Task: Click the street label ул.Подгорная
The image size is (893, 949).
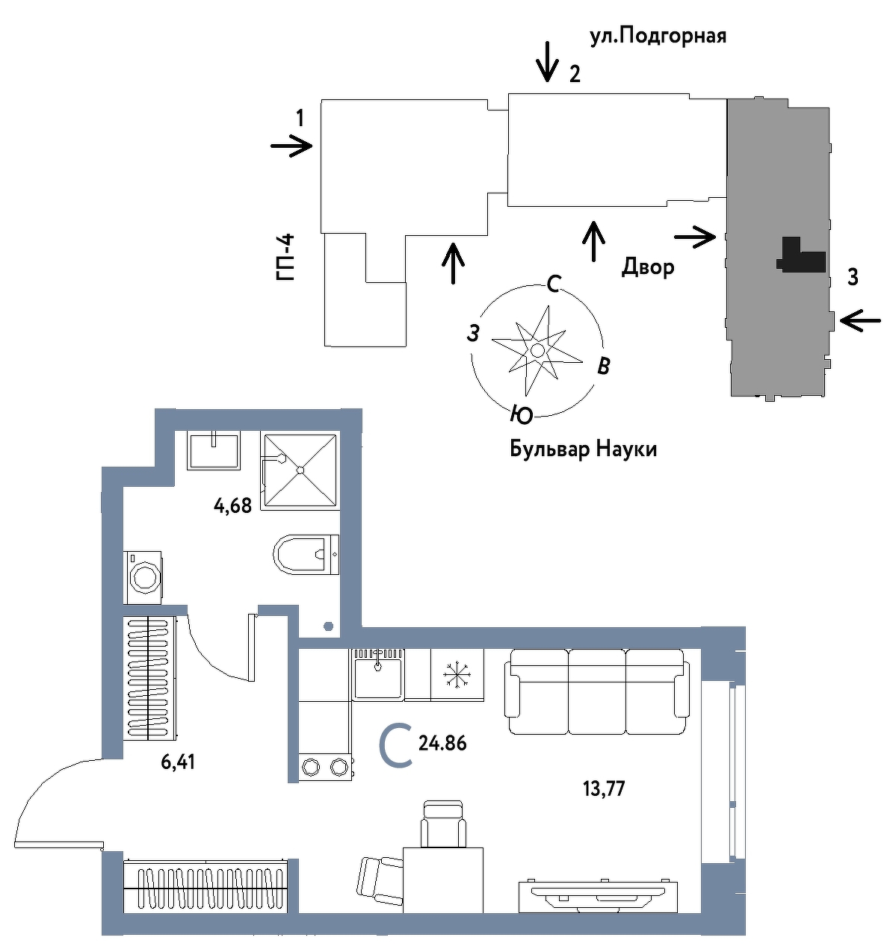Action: point(658,37)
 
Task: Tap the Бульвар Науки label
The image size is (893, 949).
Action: point(583,449)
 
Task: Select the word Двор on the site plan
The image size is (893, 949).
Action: point(648,267)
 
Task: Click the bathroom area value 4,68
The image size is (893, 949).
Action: point(232,506)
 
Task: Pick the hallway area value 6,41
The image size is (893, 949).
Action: point(178,762)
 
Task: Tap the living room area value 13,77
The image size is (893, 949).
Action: point(604,788)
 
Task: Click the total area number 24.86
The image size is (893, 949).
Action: point(442,744)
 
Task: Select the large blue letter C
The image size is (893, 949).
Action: point(395,746)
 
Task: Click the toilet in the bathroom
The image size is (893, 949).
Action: point(306,555)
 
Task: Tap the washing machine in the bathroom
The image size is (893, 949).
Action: point(143,578)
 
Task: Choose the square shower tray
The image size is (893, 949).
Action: point(300,470)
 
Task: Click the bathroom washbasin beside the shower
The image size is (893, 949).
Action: point(213,451)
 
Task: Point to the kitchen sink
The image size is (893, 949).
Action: point(378,675)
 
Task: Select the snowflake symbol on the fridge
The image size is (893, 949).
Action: point(457,676)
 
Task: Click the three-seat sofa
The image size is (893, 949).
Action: point(597,691)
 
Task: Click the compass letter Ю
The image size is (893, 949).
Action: point(522,414)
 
